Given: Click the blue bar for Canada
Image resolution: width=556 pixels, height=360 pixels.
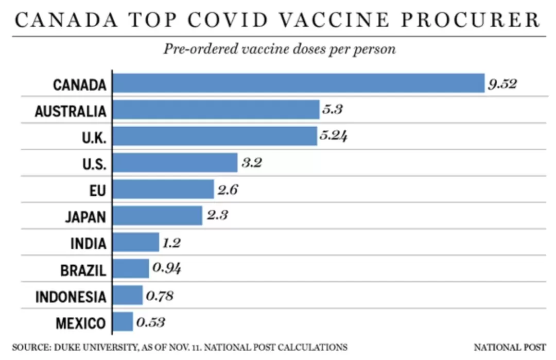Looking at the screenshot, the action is click(299, 83).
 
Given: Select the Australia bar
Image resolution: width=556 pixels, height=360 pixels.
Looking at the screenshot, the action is click(216, 110).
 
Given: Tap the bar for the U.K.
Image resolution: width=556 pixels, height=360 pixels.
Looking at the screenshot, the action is click(215, 136).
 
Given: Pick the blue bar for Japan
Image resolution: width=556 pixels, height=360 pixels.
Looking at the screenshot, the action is click(158, 216).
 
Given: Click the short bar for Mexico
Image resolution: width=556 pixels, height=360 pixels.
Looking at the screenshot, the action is click(123, 322).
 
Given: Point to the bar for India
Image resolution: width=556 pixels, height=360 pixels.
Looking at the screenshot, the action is click(136, 242).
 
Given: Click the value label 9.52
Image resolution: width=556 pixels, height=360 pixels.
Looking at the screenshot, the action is click(502, 84).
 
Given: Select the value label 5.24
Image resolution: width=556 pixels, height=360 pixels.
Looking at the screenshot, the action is click(333, 135).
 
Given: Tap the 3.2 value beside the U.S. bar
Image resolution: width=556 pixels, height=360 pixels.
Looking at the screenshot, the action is click(252, 163).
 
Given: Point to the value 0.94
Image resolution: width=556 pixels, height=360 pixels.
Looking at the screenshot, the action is click(167, 268).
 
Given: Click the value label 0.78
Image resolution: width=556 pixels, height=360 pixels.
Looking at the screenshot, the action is click(160, 296).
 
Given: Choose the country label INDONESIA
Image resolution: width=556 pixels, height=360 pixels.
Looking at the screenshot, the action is click(71, 297).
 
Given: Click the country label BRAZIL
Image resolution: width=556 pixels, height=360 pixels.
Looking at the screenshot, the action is click(83, 270).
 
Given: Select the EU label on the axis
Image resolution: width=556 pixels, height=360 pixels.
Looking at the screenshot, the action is click(98, 191).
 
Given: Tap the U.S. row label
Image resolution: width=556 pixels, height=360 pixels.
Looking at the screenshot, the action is click(94, 164).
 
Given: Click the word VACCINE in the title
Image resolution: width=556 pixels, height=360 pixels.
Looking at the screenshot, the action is click(335, 20).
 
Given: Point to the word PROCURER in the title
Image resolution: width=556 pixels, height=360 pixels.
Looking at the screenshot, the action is click(471, 20).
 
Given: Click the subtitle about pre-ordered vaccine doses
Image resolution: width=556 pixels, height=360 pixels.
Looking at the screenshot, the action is click(280, 49).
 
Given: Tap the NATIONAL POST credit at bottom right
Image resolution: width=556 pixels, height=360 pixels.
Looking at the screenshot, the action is click(510, 347).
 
